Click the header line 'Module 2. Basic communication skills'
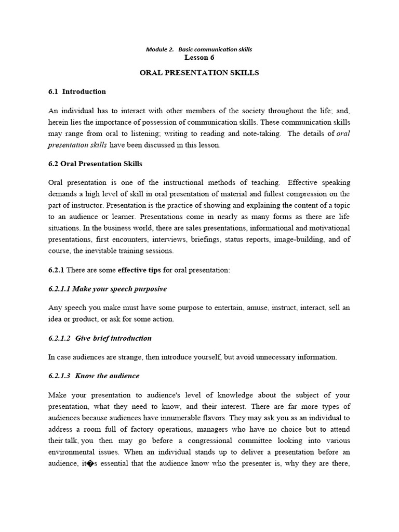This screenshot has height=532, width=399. point(199,49)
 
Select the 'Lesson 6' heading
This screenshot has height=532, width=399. point(199,58)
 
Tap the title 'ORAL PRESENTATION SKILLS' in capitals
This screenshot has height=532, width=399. point(199,73)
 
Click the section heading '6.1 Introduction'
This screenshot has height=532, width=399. point(77,91)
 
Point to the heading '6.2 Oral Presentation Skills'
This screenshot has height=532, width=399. point(95,164)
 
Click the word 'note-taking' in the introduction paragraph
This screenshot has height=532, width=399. point(263,134)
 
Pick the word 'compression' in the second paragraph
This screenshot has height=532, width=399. point(309,194)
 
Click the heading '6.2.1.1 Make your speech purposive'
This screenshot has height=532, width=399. point(108,288)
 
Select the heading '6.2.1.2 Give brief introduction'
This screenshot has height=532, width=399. point(100,338)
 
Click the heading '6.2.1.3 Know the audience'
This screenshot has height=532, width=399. point(94,376)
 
